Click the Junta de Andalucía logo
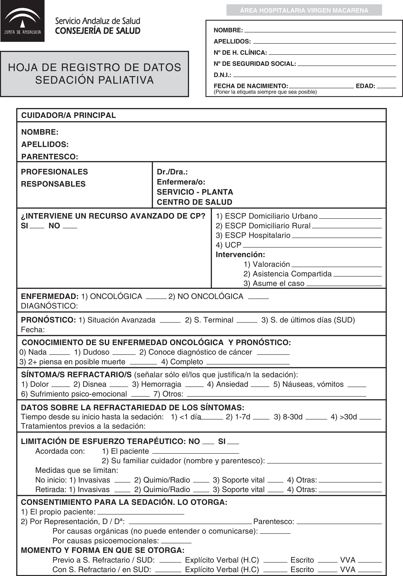coord(22,21)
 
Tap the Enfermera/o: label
coord(181,182)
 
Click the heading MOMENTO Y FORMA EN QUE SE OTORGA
coord(103,550)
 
